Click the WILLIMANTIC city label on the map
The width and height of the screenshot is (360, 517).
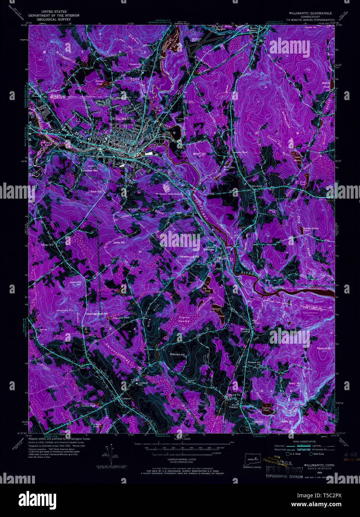tap(123, 118)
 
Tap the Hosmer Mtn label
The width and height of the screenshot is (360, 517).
tap(90, 170)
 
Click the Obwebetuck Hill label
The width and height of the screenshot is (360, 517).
tap(189, 257)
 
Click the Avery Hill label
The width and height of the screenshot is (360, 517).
tap(295, 383)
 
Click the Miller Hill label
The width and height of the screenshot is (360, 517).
tap(199, 154)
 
